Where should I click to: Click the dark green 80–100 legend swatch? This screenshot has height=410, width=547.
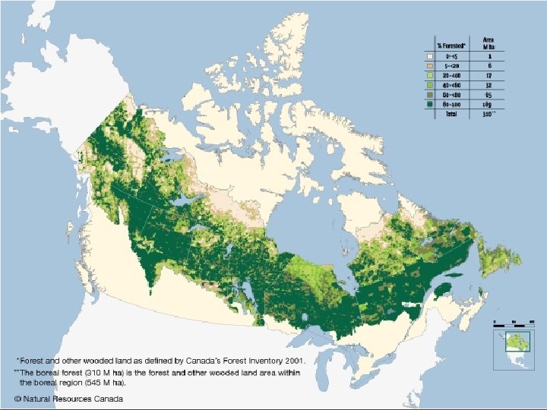click(430, 104)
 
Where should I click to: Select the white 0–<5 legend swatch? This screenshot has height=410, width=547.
click(430, 56)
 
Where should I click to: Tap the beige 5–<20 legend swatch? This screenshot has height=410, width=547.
click(430, 66)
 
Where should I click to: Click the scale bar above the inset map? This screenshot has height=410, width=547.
click(510, 323)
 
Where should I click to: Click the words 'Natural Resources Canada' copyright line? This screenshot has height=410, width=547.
click(71, 399)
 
